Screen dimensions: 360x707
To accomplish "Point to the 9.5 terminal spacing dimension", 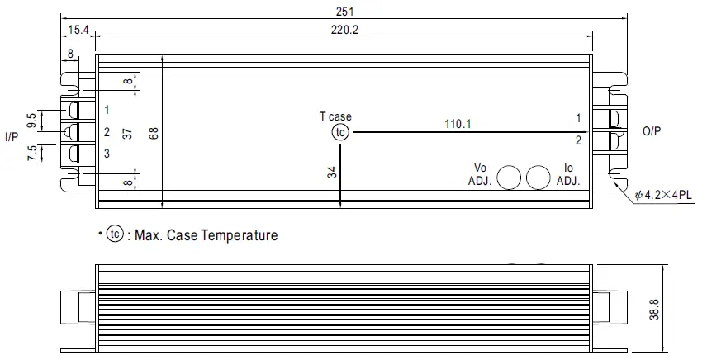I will pyautogui.click(x=32, y=121).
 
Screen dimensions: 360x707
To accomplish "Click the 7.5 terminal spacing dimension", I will pyautogui.click(x=32, y=154).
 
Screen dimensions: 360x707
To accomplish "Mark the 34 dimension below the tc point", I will pyautogui.click(x=331, y=172).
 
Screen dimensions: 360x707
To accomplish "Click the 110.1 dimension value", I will pyautogui.click(x=457, y=124).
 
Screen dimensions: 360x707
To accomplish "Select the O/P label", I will pyautogui.click(x=652, y=131).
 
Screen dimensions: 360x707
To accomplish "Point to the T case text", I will pyautogui.click(x=335, y=116).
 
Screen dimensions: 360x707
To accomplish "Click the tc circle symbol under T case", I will pyautogui.click(x=340, y=132).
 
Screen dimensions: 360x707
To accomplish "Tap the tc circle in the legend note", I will pyautogui.click(x=114, y=234).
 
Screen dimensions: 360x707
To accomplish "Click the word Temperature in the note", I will pyautogui.click(x=238, y=235).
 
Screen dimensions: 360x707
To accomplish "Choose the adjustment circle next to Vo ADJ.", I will pyautogui.click(x=509, y=177).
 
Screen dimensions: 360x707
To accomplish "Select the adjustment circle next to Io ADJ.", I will pyautogui.click(x=538, y=177).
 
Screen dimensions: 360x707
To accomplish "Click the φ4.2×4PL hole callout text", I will pyautogui.click(x=665, y=197).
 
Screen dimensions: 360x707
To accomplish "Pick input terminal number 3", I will pyautogui.click(x=107, y=154).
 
